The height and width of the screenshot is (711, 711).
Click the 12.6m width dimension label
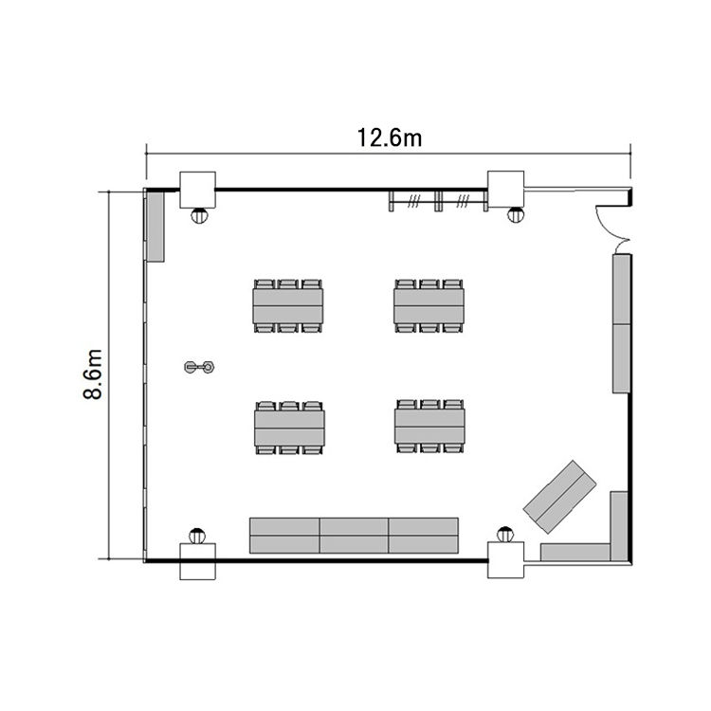(x=390, y=137)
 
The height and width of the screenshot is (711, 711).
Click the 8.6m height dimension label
(x=93, y=374)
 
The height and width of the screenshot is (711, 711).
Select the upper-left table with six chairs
(x=288, y=306)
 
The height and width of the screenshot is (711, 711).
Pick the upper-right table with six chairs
(x=428, y=306)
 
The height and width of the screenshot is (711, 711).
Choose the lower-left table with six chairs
(x=289, y=428)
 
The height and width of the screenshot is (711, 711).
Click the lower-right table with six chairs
(x=429, y=427)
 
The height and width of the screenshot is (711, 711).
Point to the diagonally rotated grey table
(x=560, y=497)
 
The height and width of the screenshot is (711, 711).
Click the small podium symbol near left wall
(x=199, y=366)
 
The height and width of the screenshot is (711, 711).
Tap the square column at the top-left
(x=198, y=190)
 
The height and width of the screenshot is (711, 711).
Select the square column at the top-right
(x=505, y=189)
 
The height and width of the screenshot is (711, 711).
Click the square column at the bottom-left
(x=198, y=561)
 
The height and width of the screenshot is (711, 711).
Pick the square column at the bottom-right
(x=505, y=560)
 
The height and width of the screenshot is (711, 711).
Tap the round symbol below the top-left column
(x=199, y=215)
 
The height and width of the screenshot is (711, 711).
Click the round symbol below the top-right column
(x=515, y=215)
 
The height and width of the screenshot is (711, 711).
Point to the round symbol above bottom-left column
(x=197, y=536)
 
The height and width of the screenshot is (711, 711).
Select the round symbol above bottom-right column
(x=504, y=535)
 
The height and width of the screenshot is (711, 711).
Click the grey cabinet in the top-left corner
(x=155, y=226)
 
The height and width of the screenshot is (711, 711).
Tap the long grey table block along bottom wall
(x=354, y=536)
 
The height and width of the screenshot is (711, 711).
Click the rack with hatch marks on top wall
(x=439, y=201)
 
